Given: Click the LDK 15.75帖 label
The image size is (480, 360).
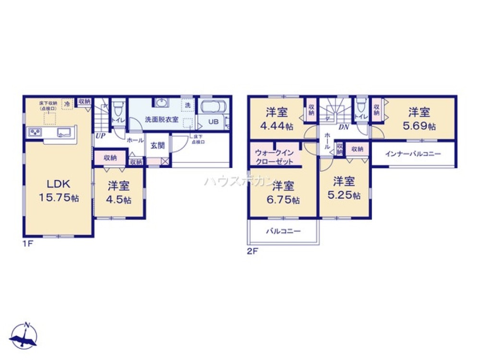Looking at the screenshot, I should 58,191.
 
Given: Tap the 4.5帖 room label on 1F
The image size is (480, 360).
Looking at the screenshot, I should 120,201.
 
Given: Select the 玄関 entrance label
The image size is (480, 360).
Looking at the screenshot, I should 158,146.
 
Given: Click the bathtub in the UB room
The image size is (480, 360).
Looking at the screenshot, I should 214,107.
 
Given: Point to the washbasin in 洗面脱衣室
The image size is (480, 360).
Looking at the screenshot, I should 162,103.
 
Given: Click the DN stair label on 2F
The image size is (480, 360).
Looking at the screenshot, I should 343,127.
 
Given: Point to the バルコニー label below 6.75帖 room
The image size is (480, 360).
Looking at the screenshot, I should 283,231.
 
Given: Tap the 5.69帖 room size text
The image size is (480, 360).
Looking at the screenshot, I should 422,127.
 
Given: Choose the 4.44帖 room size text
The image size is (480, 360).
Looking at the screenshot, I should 277,127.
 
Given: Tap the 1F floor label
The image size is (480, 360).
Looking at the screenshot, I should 27,243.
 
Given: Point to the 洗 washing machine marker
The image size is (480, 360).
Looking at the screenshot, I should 188,105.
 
